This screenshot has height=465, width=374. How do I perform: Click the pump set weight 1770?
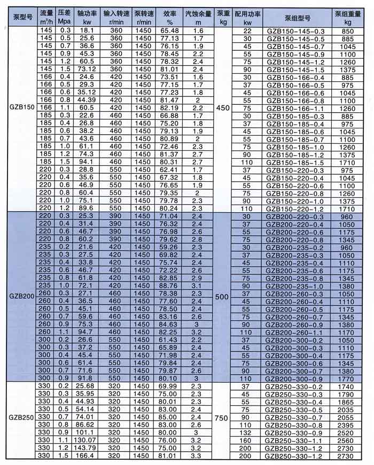click(x=348, y=378)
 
